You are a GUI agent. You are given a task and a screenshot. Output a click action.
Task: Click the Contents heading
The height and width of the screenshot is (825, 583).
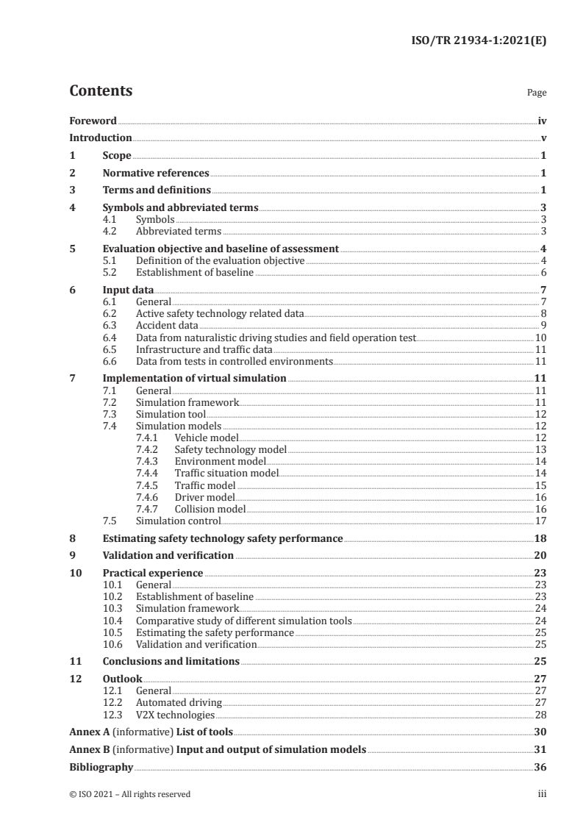click(101, 91)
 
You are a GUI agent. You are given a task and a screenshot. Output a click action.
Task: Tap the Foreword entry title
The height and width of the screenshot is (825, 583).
click(93, 121)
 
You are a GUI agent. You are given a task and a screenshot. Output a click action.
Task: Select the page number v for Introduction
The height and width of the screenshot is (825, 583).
click(543, 138)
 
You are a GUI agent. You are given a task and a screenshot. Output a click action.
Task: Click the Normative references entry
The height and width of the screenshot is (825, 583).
click(156, 174)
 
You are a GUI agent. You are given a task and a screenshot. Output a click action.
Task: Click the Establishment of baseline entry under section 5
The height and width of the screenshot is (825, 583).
click(195, 273)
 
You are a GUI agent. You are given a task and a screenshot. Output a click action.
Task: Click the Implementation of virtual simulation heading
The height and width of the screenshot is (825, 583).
click(194, 378)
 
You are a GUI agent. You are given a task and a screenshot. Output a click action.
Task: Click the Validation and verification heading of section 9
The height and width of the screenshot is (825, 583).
click(168, 555)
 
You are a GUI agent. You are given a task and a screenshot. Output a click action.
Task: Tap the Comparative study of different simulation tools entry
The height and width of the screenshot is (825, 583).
click(244, 621)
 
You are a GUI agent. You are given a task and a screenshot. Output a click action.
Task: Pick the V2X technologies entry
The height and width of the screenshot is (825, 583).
click(175, 715)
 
